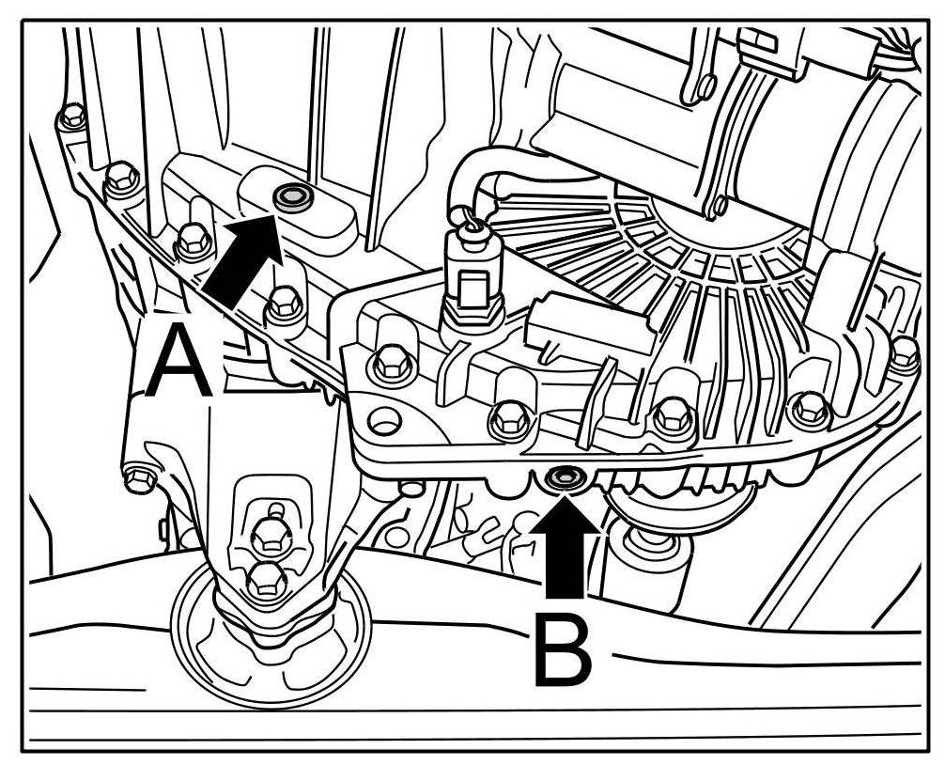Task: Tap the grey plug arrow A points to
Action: (x=289, y=196)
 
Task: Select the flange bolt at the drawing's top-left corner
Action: (x=71, y=117)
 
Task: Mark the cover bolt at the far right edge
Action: (x=903, y=353)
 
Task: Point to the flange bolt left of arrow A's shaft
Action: (x=192, y=241)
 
